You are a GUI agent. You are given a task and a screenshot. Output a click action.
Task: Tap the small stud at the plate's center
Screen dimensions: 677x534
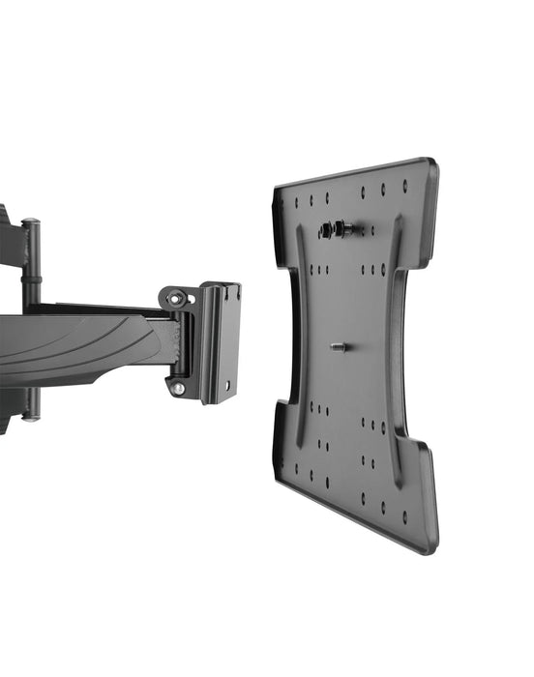click(x=338, y=346)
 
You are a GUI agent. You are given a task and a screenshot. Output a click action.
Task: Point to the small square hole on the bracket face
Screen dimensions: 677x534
click(x=228, y=384)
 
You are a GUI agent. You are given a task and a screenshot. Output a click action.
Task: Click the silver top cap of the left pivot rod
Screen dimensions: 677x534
click(x=32, y=224)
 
